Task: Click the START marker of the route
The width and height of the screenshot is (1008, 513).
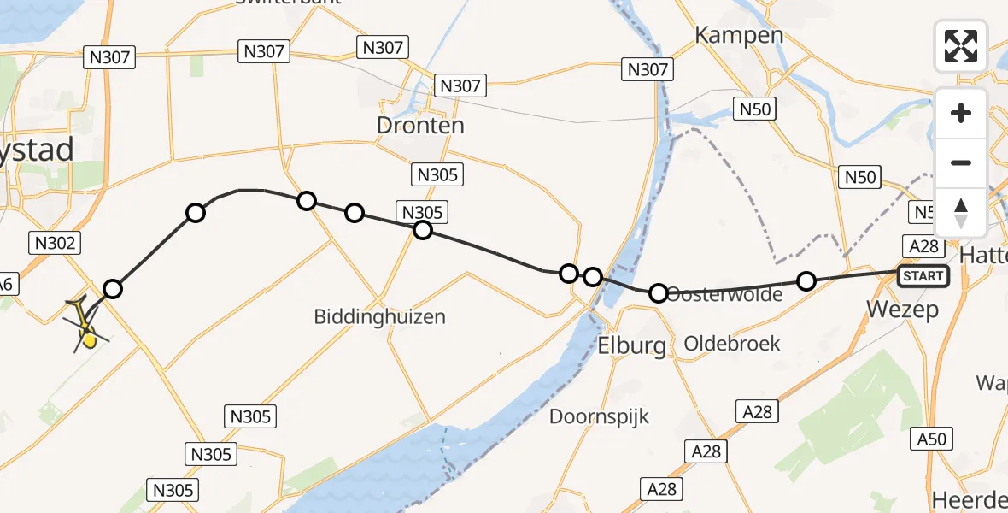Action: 923,275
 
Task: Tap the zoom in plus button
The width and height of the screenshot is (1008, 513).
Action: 961,113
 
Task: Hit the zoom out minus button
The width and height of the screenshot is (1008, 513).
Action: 961,162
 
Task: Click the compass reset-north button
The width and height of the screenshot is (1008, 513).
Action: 961,212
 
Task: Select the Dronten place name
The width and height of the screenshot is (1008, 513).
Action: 420,126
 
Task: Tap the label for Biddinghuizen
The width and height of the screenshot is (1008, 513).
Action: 379,317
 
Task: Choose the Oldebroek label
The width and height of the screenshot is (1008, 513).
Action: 732,344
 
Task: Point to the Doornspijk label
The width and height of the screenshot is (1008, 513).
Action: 599,417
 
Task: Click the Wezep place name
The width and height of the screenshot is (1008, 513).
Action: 902,309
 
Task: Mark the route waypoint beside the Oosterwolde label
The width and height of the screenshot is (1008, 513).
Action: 659,293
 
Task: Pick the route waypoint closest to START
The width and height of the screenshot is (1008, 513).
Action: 806,280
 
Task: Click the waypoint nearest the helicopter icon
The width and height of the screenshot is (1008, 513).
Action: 112,289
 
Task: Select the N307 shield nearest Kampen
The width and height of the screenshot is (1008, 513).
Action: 648,69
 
